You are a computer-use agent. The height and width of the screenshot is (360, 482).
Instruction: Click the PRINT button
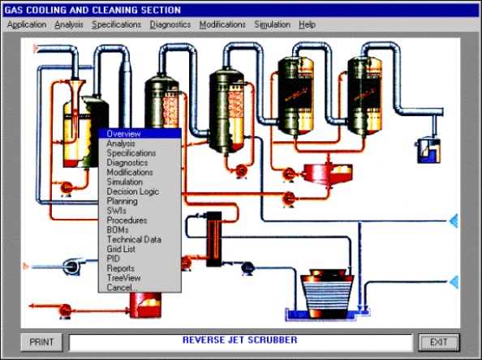tap(41, 342)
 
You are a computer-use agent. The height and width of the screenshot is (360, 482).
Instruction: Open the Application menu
tap(27, 24)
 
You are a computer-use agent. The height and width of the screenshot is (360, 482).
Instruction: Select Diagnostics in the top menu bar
tap(170, 24)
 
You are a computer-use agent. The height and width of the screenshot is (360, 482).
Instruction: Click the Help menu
tap(307, 24)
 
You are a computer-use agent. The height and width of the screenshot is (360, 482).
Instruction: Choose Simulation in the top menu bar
tap(273, 24)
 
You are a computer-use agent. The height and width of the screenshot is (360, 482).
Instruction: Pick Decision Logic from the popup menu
tap(133, 191)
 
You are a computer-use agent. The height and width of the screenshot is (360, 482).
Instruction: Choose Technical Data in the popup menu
tap(134, 239)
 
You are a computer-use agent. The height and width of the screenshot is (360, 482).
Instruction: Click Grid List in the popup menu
tap(121, 249)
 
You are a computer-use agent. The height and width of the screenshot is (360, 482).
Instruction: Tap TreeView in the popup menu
tap(123, 278)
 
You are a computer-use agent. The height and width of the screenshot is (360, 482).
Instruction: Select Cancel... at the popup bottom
tap(122, 288)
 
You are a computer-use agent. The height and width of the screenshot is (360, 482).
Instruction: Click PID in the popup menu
tap(114, 259)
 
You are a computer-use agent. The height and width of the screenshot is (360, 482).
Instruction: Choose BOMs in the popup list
tap(118, 229)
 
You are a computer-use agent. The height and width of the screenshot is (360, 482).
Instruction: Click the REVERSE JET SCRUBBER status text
tap(239, 340)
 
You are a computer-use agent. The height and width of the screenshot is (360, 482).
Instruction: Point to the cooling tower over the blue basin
tap(327, 294)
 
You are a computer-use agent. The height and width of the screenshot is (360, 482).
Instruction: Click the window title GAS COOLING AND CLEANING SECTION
tap(93, 11)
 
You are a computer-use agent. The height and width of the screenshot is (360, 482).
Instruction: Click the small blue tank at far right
tap(428, 151)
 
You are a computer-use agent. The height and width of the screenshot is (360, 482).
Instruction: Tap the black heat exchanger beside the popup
tap(213, 239)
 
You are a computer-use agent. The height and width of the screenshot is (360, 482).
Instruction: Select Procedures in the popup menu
tap(127, 221)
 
